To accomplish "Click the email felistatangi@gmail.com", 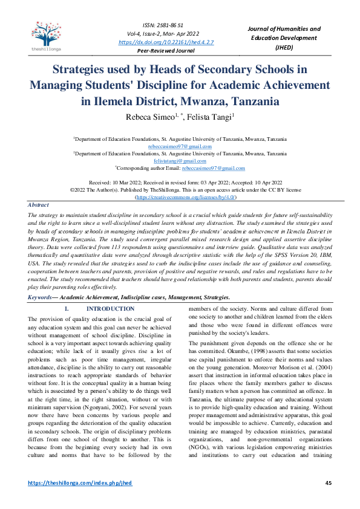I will coord(180,161).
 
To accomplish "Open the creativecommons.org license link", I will coord(186,197).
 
